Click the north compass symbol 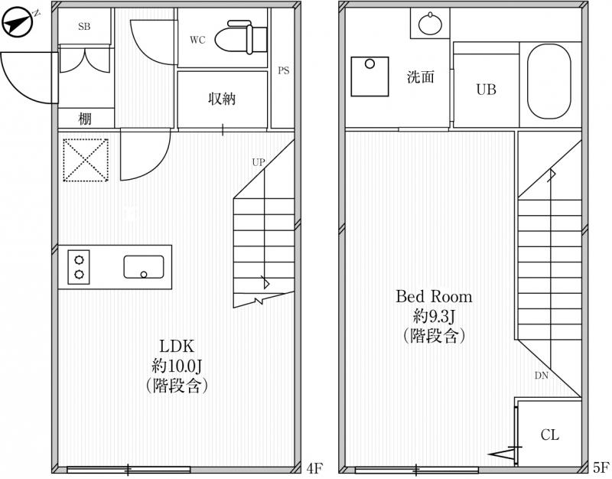[x=18, y=24]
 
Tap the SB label [x=84, y=27]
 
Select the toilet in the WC [x=240, y=37]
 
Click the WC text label [x=197, y=40]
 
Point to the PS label [x=284, y=70]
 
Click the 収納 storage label [x=222, y=99]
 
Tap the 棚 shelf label [x=85, y=118]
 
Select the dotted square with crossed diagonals [x=86, y=160]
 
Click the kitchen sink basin [x=144, y=267]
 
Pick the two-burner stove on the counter [x=79, y=267]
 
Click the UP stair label [x=259, y=162]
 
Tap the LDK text [x=177, y=346]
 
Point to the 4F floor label [x=314, y=468]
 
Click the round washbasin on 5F [x=430, y=24]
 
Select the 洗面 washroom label [x=420, y=77]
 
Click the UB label [x=486, y=90]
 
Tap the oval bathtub [x=549, y=81]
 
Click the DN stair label [x=542, y=376]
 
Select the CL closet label [x=549, y=435]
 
